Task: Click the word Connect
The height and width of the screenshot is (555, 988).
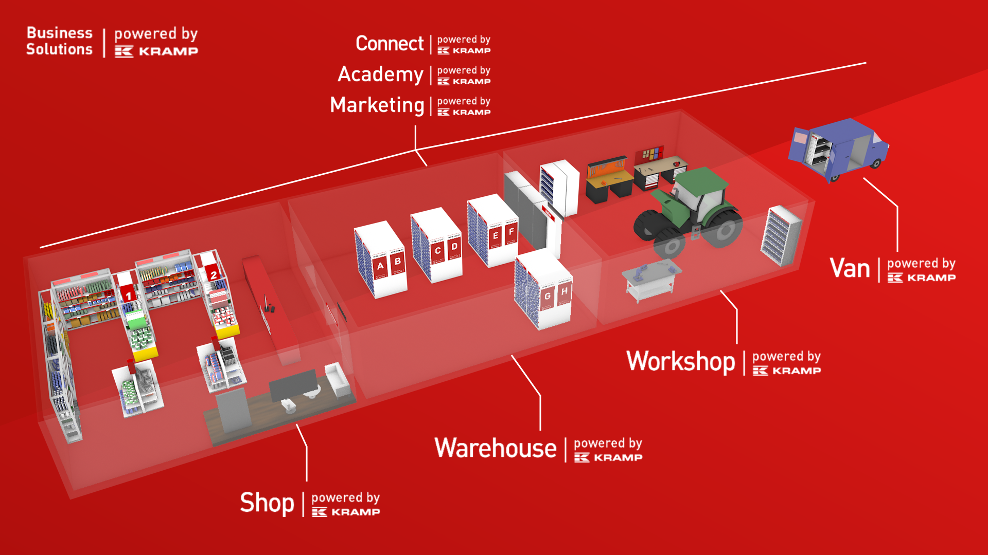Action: [390, 44]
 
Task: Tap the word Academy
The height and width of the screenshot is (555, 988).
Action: [380, 75]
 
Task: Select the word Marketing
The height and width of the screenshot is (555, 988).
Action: [377, 105]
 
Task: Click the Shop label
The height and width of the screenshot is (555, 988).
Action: [267, 503]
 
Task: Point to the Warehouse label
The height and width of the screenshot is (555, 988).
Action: [495, 448]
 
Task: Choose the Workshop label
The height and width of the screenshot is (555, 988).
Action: [680, 361]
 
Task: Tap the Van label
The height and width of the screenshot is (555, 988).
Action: [850, 268]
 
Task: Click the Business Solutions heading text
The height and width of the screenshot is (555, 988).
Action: [59, 41]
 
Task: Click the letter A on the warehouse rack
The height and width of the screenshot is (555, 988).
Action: [380, 266]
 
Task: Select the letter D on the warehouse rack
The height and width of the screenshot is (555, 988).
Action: [454, 247]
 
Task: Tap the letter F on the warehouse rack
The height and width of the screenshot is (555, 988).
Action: [511, 232]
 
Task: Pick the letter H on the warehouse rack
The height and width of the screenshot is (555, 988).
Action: [564, 291]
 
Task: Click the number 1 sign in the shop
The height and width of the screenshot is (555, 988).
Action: [128, 295]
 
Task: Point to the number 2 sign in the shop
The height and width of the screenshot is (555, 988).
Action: [214, 275]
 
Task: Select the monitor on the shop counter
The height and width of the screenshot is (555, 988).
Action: [293, 385]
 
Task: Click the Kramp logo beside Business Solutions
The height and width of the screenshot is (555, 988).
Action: [156, 51]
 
